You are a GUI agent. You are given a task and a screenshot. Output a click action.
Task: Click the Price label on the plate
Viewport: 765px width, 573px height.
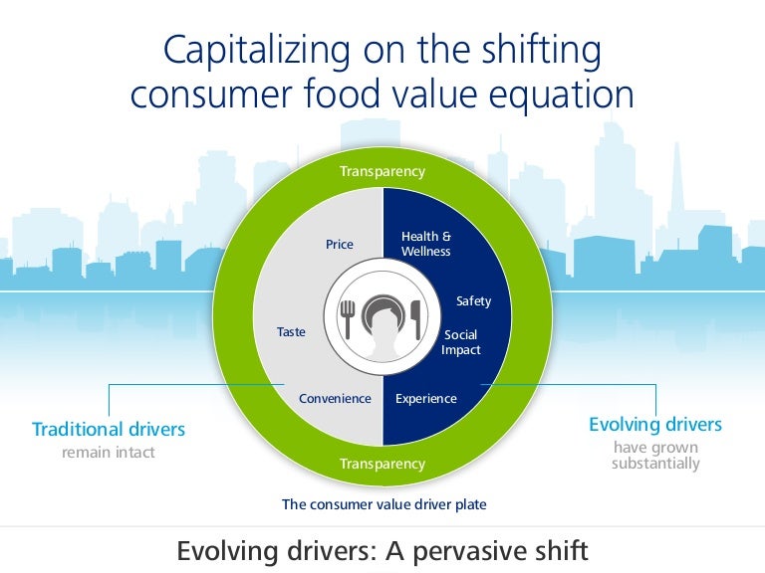pos(340,244)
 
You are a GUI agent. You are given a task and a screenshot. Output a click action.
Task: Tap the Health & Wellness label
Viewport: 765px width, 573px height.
pos(426,244)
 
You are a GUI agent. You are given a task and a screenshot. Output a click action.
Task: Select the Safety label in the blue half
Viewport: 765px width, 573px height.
pos(473,300)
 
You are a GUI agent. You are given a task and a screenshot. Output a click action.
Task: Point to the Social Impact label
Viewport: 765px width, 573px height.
pos(461,342)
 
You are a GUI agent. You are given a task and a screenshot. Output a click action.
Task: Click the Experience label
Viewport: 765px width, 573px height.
pos(426,399)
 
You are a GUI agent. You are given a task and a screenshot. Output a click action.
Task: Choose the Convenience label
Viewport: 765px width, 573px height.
pos(335,399)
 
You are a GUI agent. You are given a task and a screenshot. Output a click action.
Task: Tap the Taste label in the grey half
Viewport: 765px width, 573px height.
pos(291,332)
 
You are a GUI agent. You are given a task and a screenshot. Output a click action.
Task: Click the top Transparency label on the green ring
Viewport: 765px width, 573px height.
pos(382,171)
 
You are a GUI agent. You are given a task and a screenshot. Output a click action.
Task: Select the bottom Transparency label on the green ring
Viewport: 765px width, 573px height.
pos(382,464)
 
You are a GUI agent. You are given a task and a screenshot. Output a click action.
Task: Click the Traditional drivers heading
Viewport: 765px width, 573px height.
pos(109,430)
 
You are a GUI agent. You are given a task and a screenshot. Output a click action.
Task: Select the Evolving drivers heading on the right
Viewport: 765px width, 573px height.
pos(655,425)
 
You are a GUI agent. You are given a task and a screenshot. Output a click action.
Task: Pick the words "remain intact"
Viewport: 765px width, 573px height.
pos(109,453)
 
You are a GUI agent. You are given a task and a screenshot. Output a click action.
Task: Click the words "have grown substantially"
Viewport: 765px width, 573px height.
pos(655,456)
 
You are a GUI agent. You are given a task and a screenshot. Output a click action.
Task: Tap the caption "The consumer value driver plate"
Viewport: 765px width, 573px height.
pos(384,504)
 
